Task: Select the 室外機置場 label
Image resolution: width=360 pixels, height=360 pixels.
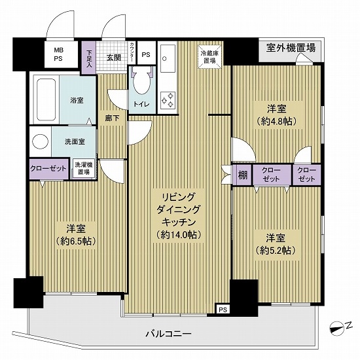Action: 291,47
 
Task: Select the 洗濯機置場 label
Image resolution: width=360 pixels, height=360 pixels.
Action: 82,168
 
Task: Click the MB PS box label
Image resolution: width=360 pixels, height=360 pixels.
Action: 59,53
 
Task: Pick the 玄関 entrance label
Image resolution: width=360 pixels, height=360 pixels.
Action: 114,58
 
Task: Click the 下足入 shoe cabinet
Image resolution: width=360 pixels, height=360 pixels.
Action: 90,58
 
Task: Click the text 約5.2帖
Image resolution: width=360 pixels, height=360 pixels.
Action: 274,250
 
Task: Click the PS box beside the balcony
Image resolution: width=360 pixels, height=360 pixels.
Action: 223,309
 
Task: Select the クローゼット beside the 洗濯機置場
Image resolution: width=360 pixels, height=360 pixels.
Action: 48,168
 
